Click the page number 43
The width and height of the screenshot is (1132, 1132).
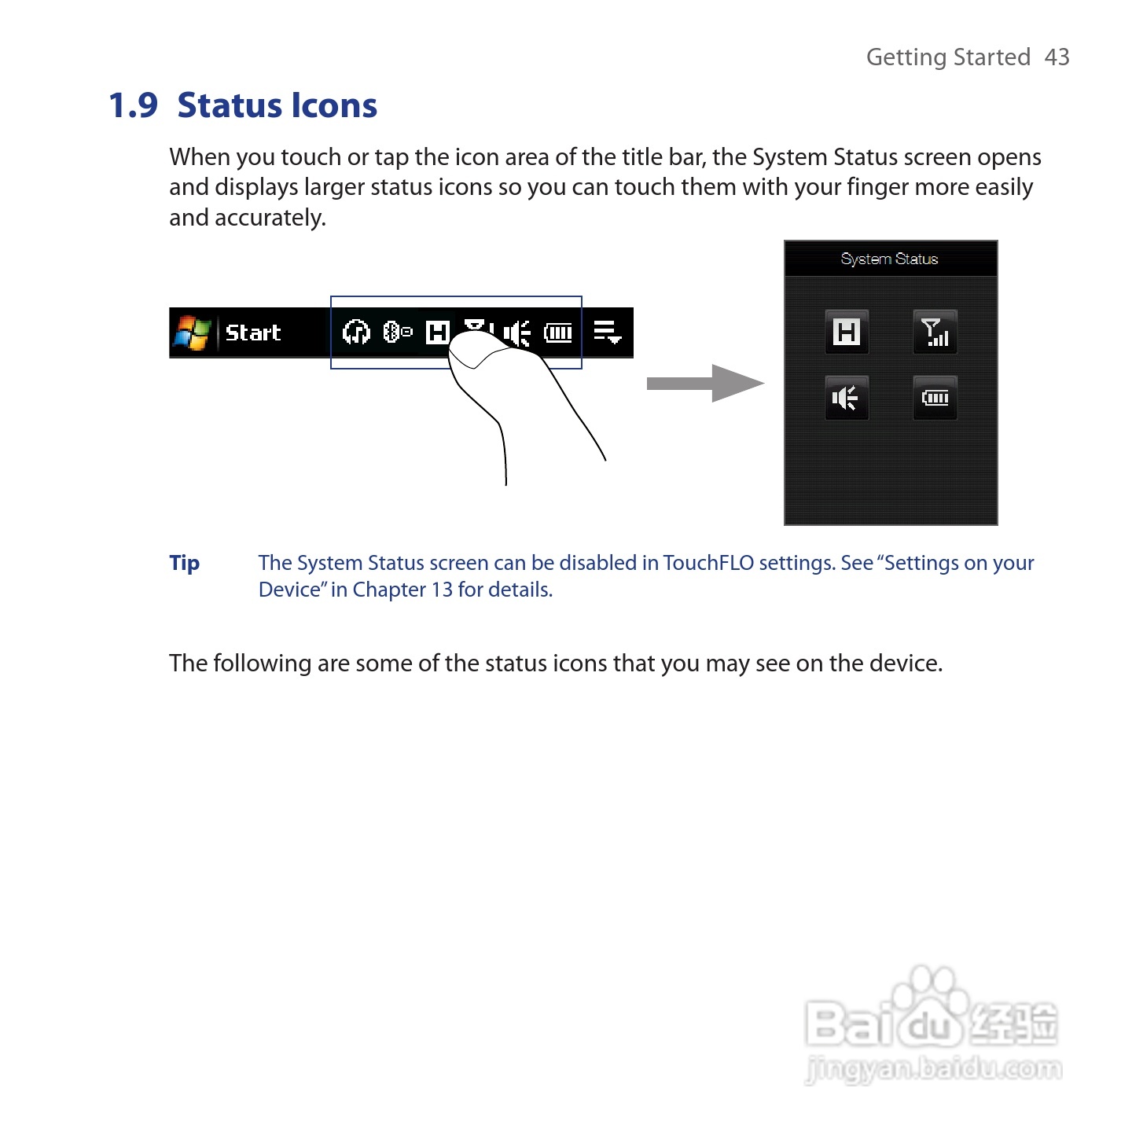pos(1057,57)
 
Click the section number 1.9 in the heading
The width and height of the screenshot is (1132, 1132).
pos(133,105)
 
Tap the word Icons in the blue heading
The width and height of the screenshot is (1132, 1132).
pos(333,105)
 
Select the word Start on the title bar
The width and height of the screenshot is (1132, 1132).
pos(252,333)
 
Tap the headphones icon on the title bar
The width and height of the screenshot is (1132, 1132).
pos(356,333)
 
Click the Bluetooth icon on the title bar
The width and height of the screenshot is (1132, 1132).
pos(397,333)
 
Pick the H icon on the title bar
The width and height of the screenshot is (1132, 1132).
pos(437,333)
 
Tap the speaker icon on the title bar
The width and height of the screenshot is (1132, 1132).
pos(516,333)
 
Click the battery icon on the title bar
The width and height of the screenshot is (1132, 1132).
pos(558,333)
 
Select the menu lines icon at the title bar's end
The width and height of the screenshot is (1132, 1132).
pos(607,333)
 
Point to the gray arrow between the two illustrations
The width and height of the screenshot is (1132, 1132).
pos(704,384)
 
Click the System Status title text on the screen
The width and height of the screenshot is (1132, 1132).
pos(889,259)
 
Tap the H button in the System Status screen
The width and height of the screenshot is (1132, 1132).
pos(847,332)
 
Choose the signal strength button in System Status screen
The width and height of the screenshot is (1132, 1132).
pos(935,332)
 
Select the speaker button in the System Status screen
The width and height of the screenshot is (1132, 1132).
pos(847,398)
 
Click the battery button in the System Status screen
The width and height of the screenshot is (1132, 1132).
pos(935,398)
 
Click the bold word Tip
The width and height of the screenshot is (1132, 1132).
pos(185,563)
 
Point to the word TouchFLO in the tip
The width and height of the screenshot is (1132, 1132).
pos(707,563)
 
